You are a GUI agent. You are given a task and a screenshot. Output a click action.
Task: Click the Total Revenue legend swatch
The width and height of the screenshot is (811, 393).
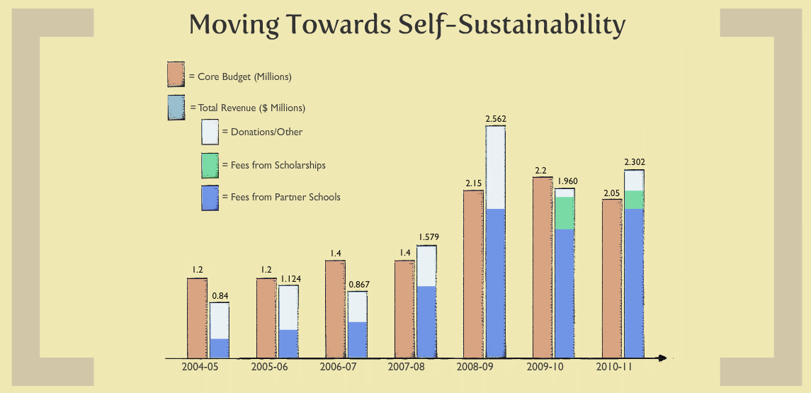click(x=176, y=108)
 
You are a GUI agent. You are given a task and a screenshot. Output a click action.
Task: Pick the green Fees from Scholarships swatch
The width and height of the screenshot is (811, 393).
click(x=210, y=165)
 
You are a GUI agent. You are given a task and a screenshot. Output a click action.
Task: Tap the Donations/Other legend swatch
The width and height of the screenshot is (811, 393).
click(x=210, y=132)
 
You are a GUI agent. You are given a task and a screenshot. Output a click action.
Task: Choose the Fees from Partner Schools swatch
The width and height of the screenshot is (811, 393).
click(x=210, y=198)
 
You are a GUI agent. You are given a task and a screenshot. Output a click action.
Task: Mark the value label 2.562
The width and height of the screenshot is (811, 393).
click(x=496, y=119)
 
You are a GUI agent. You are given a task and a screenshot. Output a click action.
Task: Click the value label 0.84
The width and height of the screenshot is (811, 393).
click(x=220, y=296)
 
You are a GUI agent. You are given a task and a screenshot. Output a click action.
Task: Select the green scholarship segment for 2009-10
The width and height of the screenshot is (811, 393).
click(x=565, y=213)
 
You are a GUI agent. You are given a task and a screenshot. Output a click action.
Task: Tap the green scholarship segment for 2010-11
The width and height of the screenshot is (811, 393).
click(x=634, y=200)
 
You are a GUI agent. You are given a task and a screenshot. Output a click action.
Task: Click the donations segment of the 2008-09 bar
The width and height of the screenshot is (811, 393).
click(x=495, y=167)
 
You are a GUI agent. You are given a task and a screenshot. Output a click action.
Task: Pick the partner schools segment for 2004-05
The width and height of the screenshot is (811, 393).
click(x=220, y=348)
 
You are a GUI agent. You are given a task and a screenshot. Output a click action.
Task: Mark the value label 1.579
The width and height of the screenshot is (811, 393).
click(x=427, y=237)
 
